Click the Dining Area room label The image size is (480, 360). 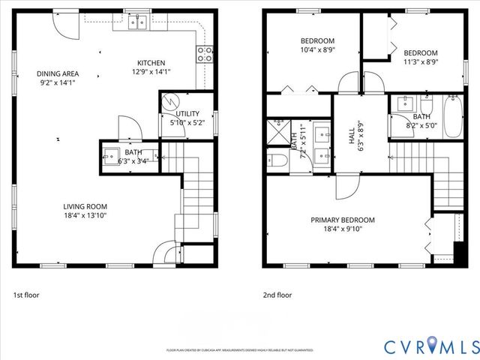[x=58, y=73]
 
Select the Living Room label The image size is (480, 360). [x=85, y=206]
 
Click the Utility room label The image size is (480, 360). [x=187, y=113]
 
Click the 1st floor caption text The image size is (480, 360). [x=26, y=295]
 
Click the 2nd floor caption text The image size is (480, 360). [x=277, y=295]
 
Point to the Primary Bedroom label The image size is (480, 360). [x=343, y=220]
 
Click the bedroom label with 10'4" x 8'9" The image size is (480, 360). [x=317, y=40]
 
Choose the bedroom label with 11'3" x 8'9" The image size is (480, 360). [x=420, y=52]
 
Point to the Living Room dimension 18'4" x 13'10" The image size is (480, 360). [x=85, y=216]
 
